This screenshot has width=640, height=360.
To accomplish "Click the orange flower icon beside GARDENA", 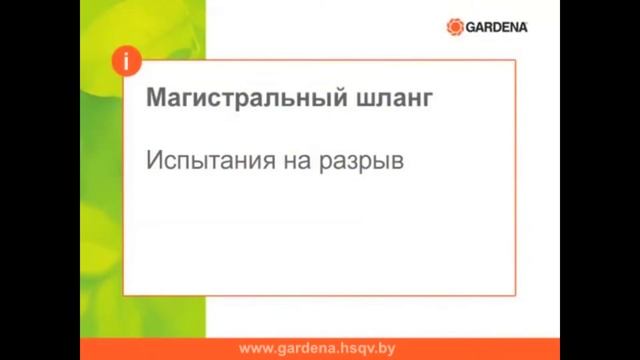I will (x=455, y=27).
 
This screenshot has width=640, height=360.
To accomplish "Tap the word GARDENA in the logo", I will (x=497, y=27).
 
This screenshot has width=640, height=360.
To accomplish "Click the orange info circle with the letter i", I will (x=126, y=60).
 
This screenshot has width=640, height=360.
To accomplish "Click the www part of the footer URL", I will (x=256, y=349).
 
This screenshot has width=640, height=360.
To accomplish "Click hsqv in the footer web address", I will (x=356, y=349).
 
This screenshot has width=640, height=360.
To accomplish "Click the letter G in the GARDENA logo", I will (x=471, y=27).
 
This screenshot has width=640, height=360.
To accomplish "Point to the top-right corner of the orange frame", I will (x=515, y=61).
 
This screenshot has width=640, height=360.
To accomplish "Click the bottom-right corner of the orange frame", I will (x=515, y=295).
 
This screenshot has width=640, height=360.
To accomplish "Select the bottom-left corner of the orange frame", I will (x=124, y=295).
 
